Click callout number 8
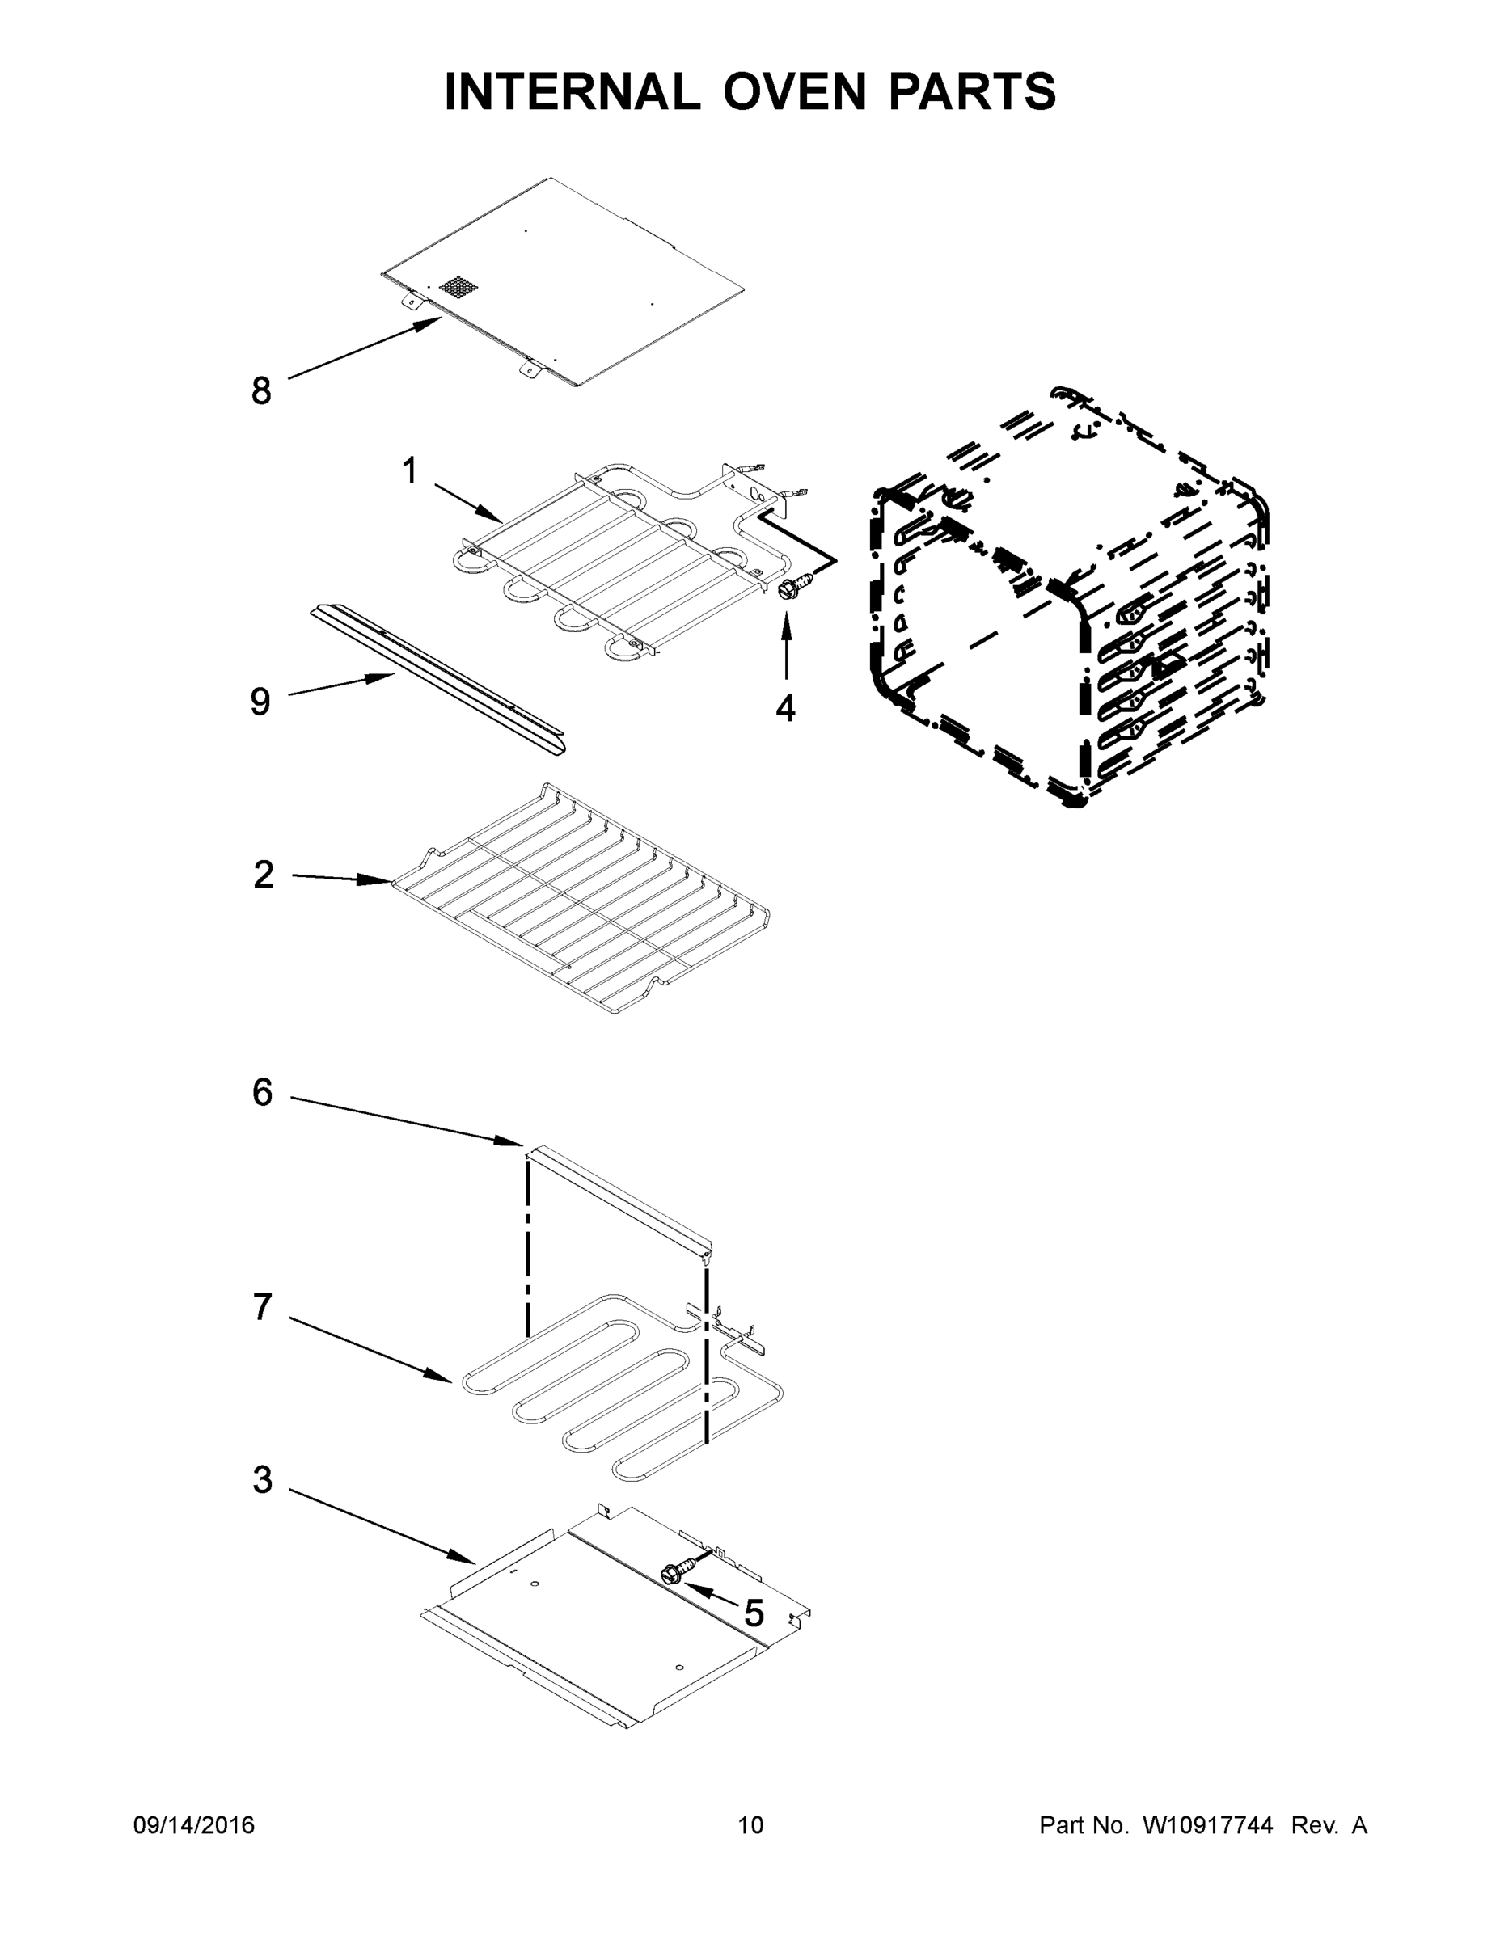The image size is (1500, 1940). [x=260, y=391]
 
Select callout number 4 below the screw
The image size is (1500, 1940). [x=785, y=708]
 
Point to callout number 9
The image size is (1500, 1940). [x=260, y=702]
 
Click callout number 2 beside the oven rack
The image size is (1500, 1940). [x=264, y=875]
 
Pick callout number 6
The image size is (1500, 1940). [x=262, y=1093]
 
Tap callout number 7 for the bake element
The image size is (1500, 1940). [x=261, y=1306]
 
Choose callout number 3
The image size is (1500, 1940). [x=262, y=1480]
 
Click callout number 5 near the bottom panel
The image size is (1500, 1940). [x=754, y=1614]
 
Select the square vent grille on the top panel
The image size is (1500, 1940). [x=458, y=287]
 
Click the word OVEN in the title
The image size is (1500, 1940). [x=794, y=91]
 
